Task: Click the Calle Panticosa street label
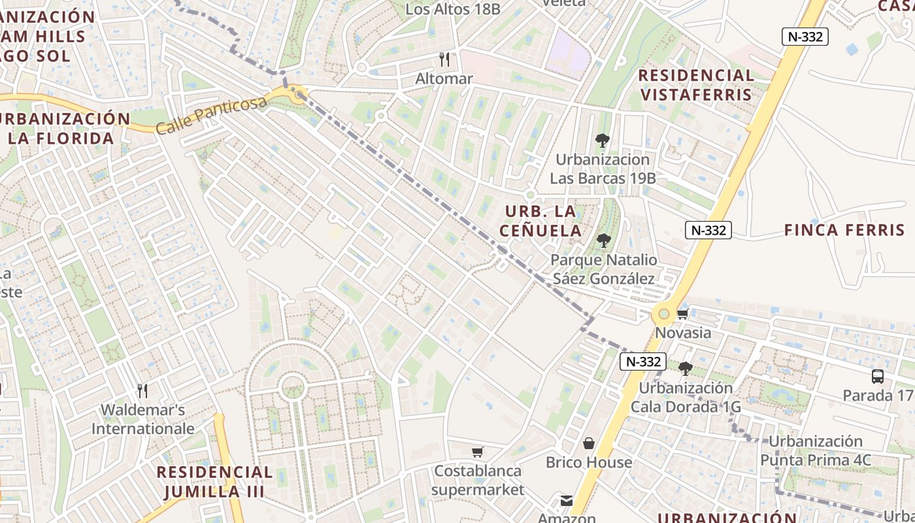(x=212, y=114)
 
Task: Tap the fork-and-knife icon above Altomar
(x=444, y=59)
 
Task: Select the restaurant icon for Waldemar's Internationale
(x=142, y=391)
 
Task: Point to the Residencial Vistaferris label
(x=696, y=85)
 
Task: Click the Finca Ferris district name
(x=844, y=230)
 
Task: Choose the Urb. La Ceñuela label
(x=540, y=221)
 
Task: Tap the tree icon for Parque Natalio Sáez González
(x=604, y=241)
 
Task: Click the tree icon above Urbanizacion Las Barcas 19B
(x=602, y=140)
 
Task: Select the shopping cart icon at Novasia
(x=683, y=314)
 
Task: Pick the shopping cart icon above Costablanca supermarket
(x=478, y=452)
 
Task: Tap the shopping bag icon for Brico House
(x=589, y=444)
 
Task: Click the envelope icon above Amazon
(x=566, y=501)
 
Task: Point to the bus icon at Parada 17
(x=877, y=377)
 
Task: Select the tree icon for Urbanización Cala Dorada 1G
(x=685, y=369)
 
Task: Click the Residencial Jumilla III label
(x=214, y=482)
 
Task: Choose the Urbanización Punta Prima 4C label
(x=816, y=450)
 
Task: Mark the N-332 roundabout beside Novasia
(x=664, y=314)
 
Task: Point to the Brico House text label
(x=589, y=462)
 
